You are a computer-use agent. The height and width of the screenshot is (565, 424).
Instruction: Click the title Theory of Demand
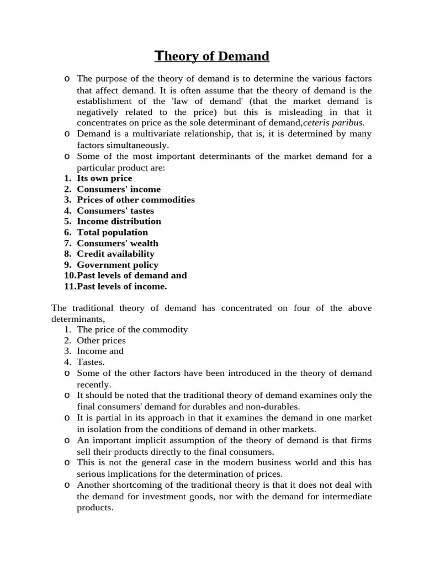[x=211, y=56]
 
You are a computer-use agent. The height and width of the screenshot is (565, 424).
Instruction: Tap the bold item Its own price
[x=104, y=178]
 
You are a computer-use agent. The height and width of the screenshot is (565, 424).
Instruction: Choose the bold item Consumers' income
[x=119, y=189]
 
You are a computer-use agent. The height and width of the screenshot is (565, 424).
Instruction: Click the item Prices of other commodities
[x=136, y=200]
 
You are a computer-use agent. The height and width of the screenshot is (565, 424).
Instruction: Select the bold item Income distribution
[x=119, y=221]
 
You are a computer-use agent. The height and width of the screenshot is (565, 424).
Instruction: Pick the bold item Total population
[x=112, y=232]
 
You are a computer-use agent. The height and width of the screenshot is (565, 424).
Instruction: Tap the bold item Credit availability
[x=115, y=254]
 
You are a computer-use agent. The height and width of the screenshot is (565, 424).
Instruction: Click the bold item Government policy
[x=117, y=265]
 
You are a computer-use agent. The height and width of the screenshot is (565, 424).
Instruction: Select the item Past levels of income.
[x=121, y=286]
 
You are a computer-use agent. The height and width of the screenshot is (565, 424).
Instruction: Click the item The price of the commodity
[x=132, y=329]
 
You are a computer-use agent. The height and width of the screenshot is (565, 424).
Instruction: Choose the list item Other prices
[x=101, y=340]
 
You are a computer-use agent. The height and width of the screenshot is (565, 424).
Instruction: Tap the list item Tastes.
[x=91, y=362]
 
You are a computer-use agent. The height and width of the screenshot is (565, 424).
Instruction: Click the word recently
[x=94, y=384]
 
